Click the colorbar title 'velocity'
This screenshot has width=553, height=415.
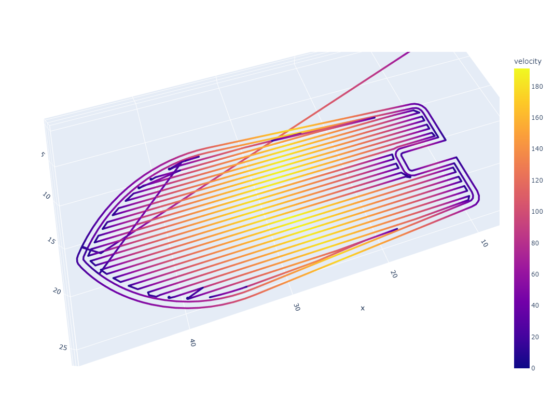(x=527, y=61)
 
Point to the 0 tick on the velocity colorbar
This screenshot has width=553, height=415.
(x=533, y=368)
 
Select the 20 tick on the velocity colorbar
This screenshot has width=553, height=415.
(x=535, y=337)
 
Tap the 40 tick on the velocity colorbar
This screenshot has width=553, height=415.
(x=535, y=306)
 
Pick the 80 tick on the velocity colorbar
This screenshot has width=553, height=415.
(x=535, y=243)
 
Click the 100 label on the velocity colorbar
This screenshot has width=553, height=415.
(x=537, y=212)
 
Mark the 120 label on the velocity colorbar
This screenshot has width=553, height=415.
(x=537, y=180)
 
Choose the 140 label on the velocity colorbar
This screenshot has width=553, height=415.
(x=537, y=149)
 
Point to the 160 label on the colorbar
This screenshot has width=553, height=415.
(x=537, y=117)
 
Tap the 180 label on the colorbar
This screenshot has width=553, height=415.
(x=537, y=87)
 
